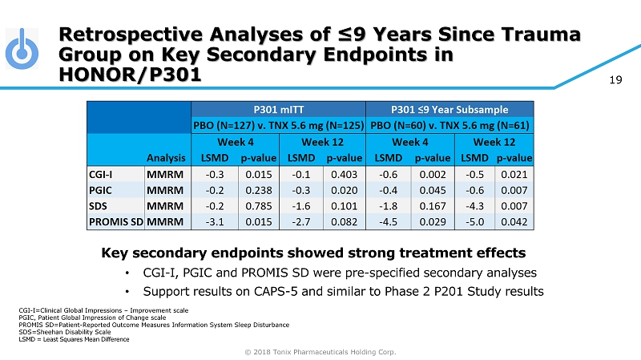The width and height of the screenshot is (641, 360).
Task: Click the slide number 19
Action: (x=617, y=79)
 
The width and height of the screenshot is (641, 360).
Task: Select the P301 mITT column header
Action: (x=277, y=109)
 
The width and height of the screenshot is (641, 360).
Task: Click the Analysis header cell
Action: (x=167, y=159)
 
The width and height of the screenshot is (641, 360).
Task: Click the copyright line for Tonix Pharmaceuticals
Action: (x=320, y=351)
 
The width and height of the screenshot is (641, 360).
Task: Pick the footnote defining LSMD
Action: (x=73, y=339)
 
